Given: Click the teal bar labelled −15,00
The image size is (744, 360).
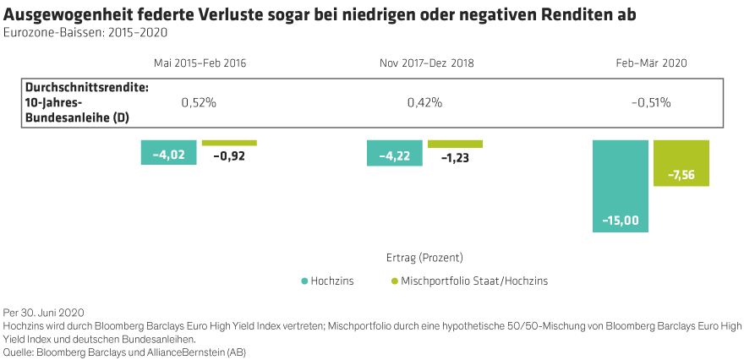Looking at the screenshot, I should [620, 185].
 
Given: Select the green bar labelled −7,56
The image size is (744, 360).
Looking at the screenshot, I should [681, 162].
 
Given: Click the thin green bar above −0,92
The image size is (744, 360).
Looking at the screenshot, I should [229, 143].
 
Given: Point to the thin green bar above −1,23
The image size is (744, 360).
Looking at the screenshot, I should [455, 144].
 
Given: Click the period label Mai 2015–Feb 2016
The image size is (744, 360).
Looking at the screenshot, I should [200, 63].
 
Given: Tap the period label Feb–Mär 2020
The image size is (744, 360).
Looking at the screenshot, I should [651, 63].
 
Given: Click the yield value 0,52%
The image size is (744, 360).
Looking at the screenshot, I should [200, 102].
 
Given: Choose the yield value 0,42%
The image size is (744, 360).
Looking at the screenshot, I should [424, 102].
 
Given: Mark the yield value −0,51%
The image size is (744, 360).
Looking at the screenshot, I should [651, 102].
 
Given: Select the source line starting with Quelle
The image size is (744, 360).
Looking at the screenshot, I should [124, 350].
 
